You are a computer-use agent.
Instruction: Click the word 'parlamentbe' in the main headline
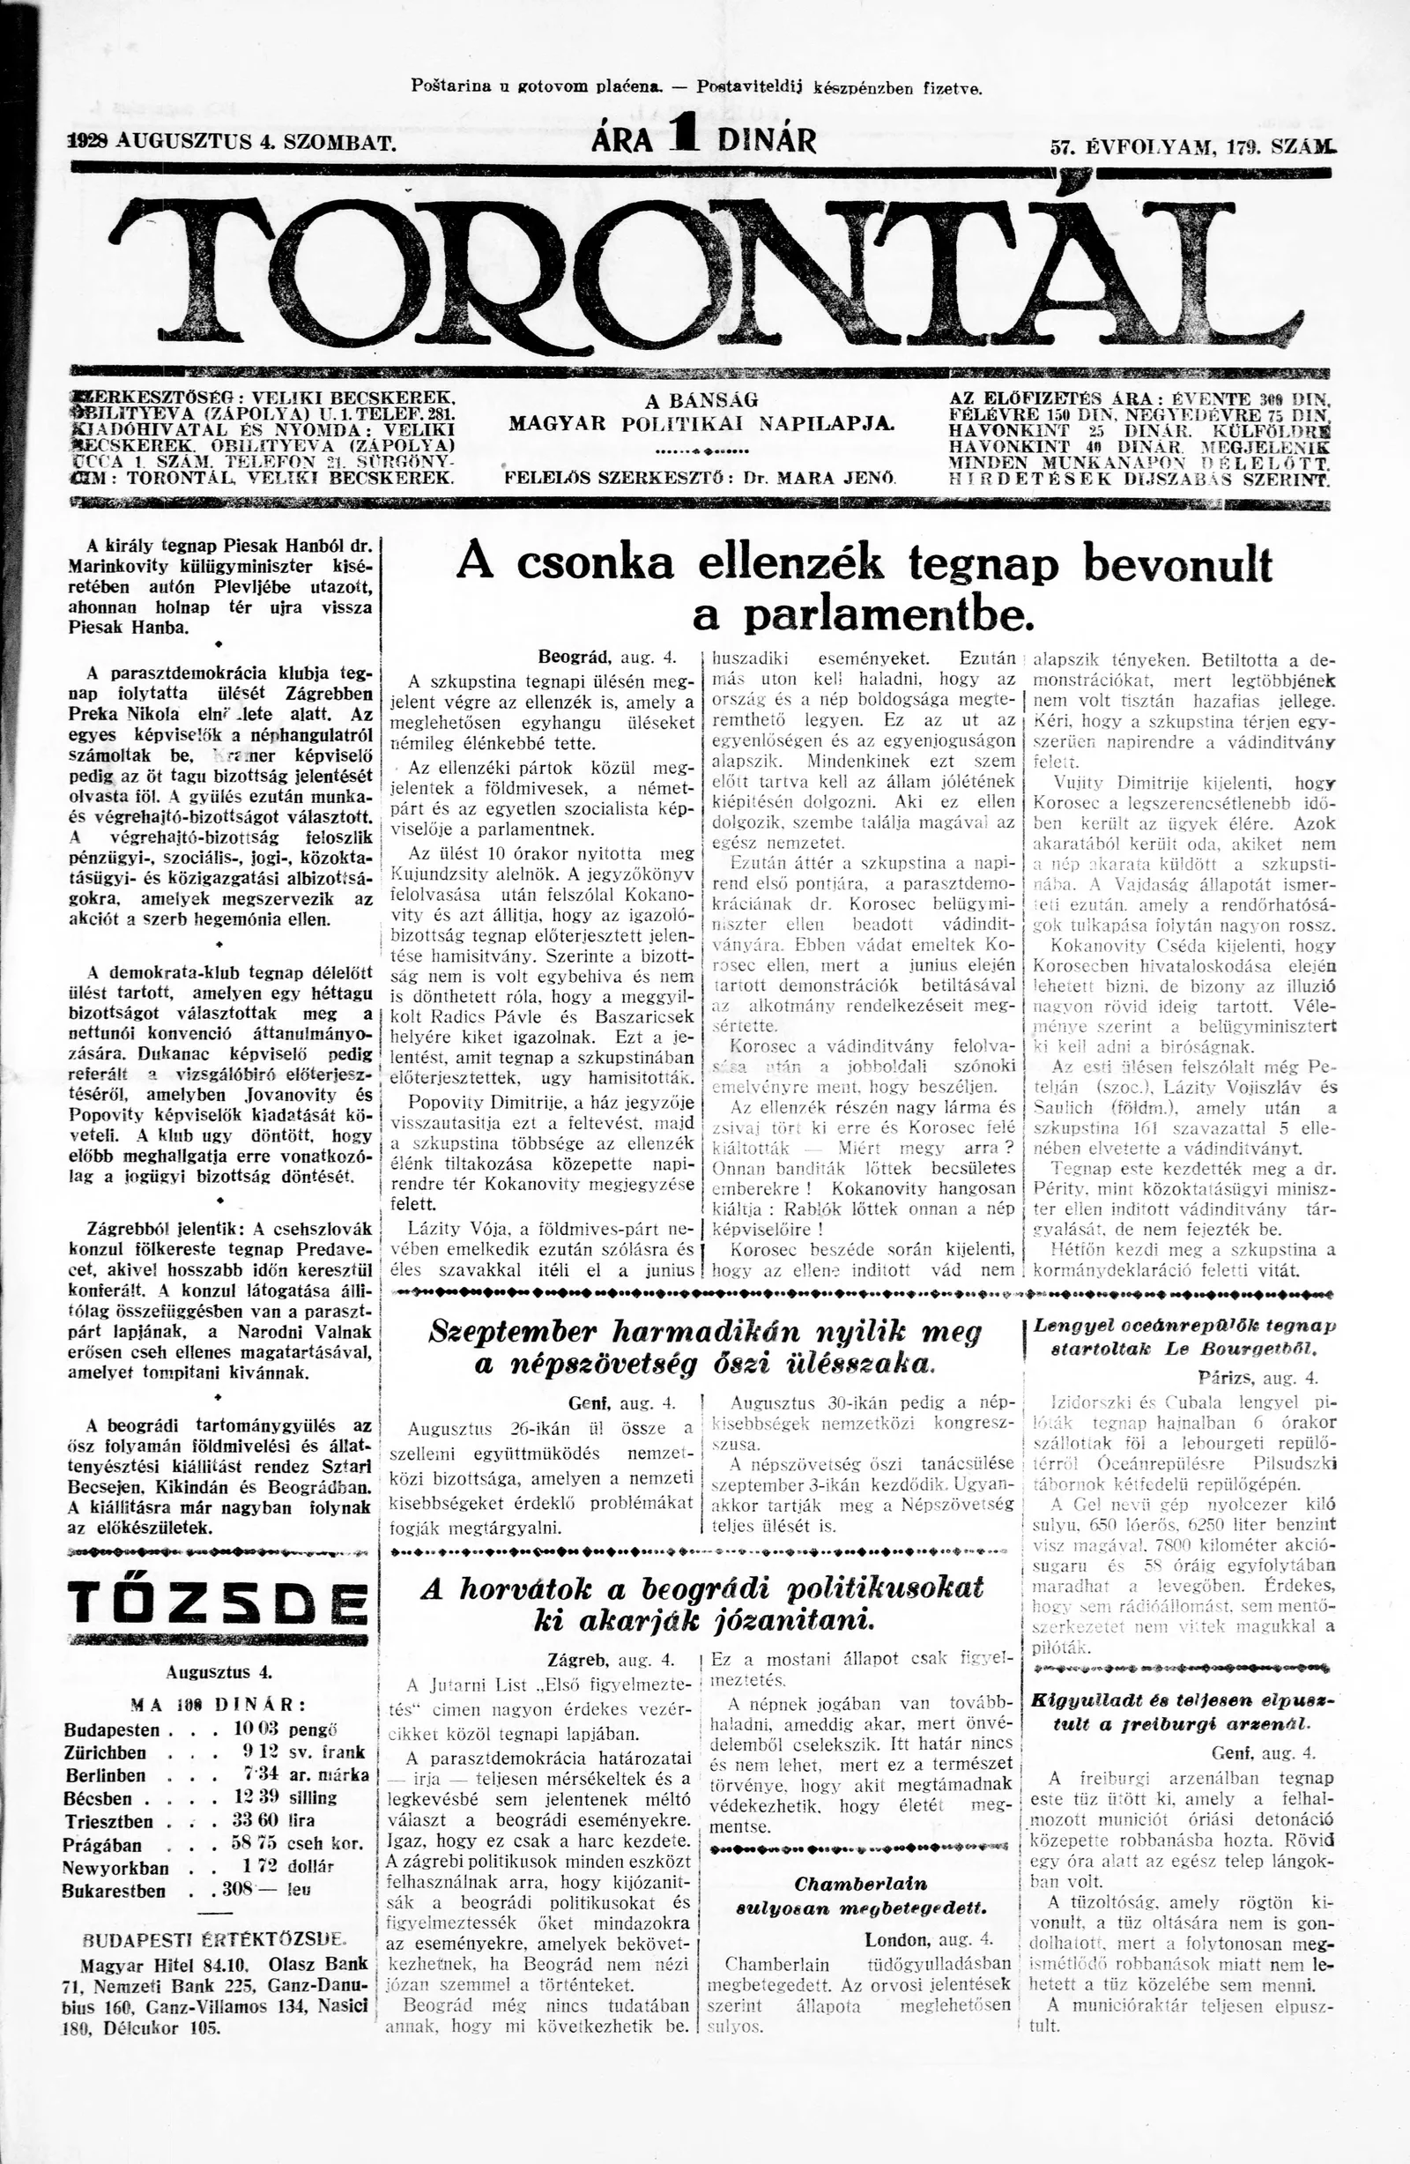pos(863,615)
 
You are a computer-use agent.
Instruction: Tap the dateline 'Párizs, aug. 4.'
pos(1258,1378)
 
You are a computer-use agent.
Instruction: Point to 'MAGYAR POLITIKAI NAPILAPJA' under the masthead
pos(701,425)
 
